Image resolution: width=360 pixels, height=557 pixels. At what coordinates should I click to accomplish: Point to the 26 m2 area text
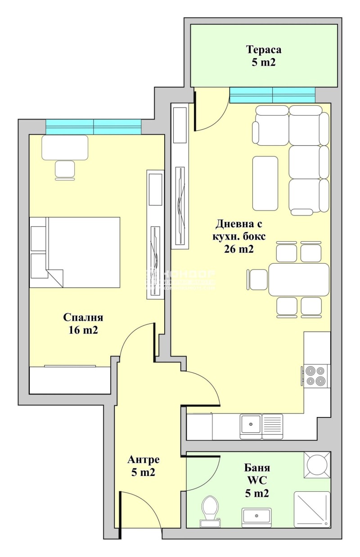pos(238,249)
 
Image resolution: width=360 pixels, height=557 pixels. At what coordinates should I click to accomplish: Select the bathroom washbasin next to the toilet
pos(256,517)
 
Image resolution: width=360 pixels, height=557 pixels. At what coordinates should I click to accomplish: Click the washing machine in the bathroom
pos(317,464)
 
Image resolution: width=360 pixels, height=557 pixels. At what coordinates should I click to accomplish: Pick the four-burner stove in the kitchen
pos(315,376)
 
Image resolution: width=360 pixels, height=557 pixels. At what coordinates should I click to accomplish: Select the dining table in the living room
pos(299,279)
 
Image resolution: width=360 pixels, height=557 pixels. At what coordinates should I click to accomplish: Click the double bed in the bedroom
pos(75,252)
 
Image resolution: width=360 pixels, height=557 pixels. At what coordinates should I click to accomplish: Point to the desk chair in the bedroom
pos(65,170)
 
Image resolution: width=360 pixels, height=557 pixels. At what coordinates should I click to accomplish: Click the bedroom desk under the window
pos(65,147)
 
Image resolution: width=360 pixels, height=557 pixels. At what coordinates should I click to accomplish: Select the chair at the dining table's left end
pos(258,279)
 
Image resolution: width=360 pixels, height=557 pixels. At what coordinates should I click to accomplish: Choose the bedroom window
pos(94,126)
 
